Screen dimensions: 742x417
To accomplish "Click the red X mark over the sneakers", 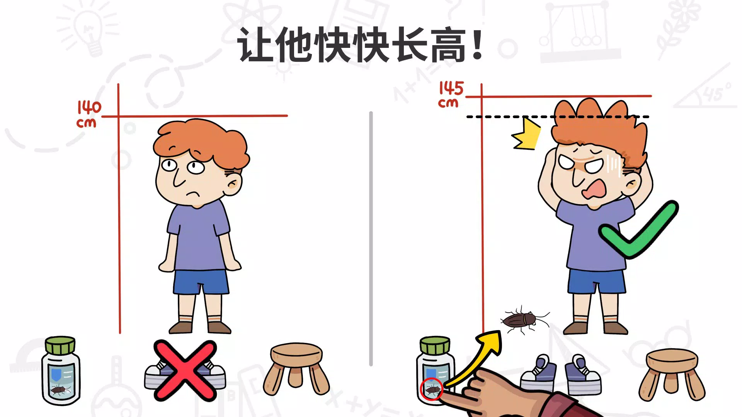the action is click(x=185, y=370).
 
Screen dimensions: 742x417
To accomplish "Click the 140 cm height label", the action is click(x=88, y=114).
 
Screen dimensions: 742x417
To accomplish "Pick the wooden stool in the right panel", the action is click(x=672, y=375).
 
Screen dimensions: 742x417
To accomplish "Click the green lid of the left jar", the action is click(x=60, y=345).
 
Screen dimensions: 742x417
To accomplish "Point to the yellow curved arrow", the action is click(x=475, y=357).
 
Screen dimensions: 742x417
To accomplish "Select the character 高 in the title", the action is click(x=448, y=45).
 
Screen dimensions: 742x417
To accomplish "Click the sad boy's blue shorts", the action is click(x=201, y=282).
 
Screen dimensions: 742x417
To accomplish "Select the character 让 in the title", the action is click(x=257, y=45).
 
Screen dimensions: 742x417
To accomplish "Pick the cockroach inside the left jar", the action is click(x=60, y=390).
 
